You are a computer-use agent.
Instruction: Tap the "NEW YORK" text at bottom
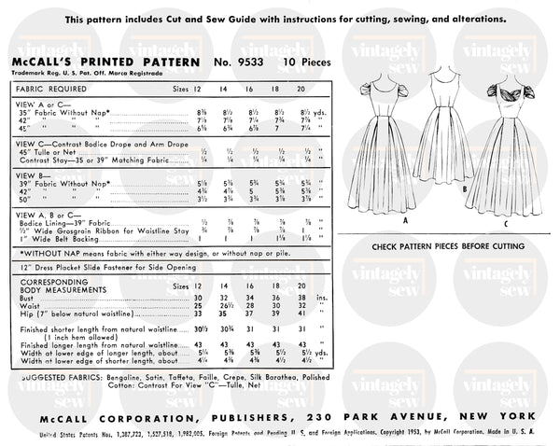[497, 413]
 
